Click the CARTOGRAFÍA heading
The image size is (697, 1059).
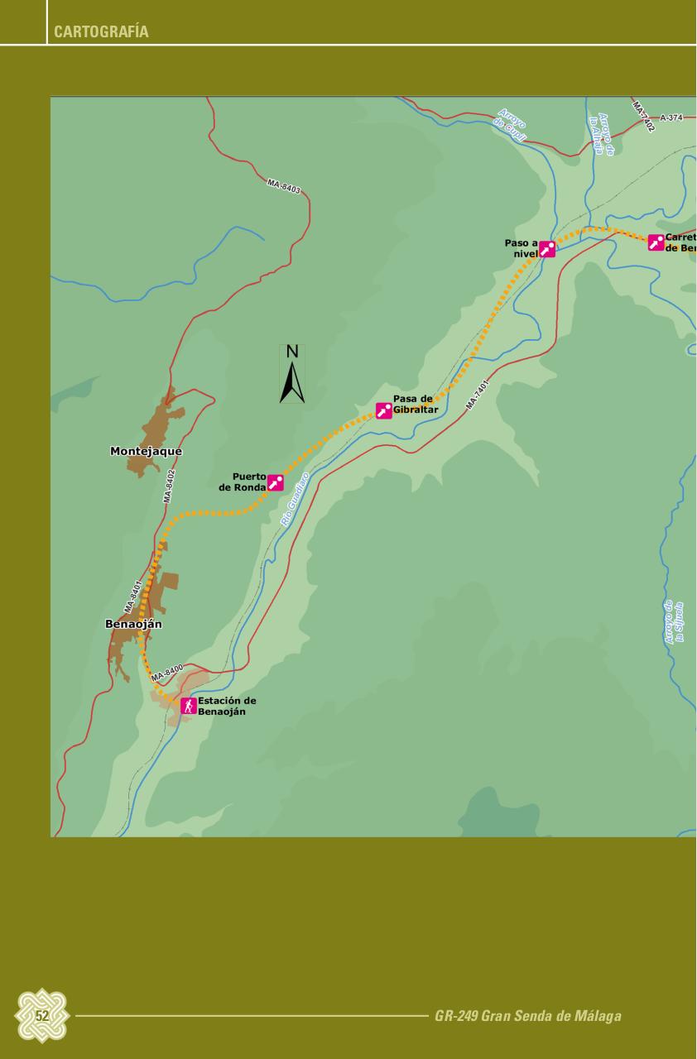101,32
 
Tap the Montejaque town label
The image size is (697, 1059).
146,452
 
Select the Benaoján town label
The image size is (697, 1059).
133,624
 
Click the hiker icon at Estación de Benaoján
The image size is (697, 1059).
189,706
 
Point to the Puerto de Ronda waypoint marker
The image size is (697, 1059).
276,483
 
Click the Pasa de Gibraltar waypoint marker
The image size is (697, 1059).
384,410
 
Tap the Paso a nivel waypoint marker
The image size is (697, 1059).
547,249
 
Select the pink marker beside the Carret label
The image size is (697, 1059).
656,242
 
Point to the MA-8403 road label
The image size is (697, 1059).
284,186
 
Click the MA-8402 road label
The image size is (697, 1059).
170,486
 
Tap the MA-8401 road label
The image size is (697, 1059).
133,596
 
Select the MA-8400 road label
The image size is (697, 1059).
167,673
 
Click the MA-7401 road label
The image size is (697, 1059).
478,395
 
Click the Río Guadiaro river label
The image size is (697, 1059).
295,500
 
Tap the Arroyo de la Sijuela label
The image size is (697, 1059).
674,622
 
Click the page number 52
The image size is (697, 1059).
41,1016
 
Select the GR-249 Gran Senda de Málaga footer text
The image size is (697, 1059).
527,1016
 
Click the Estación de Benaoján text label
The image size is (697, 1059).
226,706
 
